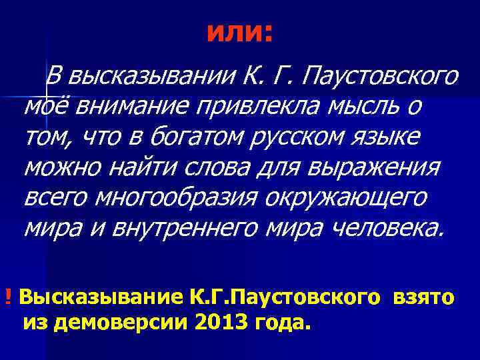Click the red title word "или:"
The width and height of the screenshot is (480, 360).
coord(239,32)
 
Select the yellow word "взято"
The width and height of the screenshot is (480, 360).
coord(425,297)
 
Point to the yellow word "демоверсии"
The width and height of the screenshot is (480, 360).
coord(125,323)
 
